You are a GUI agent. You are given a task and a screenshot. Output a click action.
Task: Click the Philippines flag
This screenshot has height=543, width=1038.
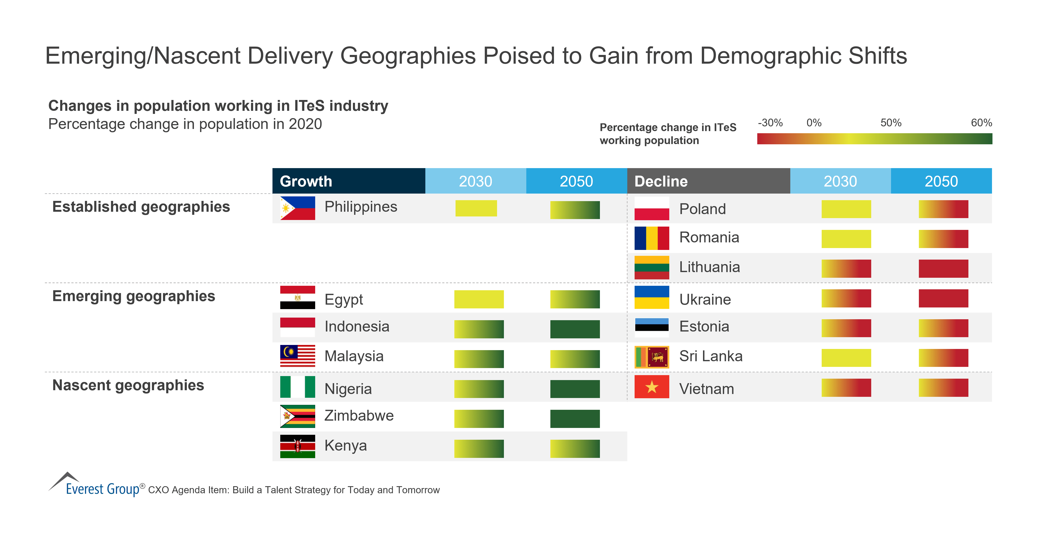click(297, 208)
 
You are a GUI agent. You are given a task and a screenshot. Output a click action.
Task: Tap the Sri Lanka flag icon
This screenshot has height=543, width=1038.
click(652, 357)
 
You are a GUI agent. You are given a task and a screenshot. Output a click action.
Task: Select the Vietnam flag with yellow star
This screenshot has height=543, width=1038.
click(652, 387)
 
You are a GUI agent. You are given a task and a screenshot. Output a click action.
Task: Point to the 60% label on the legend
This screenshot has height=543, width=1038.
click(981, 123)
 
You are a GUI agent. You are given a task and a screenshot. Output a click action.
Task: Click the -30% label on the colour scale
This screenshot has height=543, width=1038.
click(770, 123)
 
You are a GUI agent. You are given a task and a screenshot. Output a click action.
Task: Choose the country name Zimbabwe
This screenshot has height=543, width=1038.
click(359, 415)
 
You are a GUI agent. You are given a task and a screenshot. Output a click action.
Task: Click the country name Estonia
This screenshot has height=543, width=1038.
click(704, 326)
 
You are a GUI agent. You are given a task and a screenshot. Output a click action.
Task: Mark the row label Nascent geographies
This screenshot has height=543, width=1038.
click(128, 385)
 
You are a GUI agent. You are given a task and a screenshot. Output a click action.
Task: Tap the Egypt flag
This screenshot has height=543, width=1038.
click(297, 297)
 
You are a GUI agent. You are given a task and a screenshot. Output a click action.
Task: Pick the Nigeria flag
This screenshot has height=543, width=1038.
click(297, 387)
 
